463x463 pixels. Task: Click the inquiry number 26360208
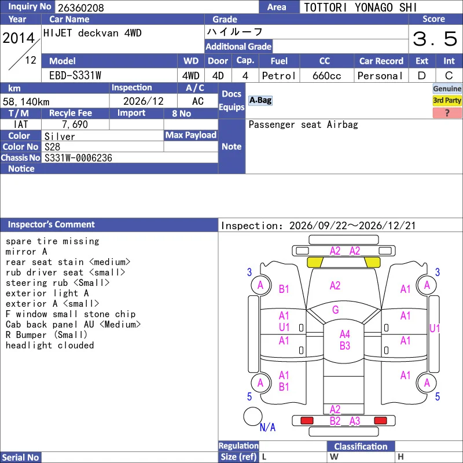tap(81, 8)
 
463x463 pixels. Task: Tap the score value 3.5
tap(435, 39)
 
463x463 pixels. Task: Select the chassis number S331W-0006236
tap(78, 158)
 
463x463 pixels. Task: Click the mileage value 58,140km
tap(26, 102)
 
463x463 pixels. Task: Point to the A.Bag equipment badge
tap(260, 100)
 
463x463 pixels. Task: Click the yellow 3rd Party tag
tap(447, 101)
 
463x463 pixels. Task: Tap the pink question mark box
tap(447, 113)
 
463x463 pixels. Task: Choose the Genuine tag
tap(447, 89)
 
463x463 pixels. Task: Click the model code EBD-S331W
tap(75, 76)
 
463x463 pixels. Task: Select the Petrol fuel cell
tap(279, 76)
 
